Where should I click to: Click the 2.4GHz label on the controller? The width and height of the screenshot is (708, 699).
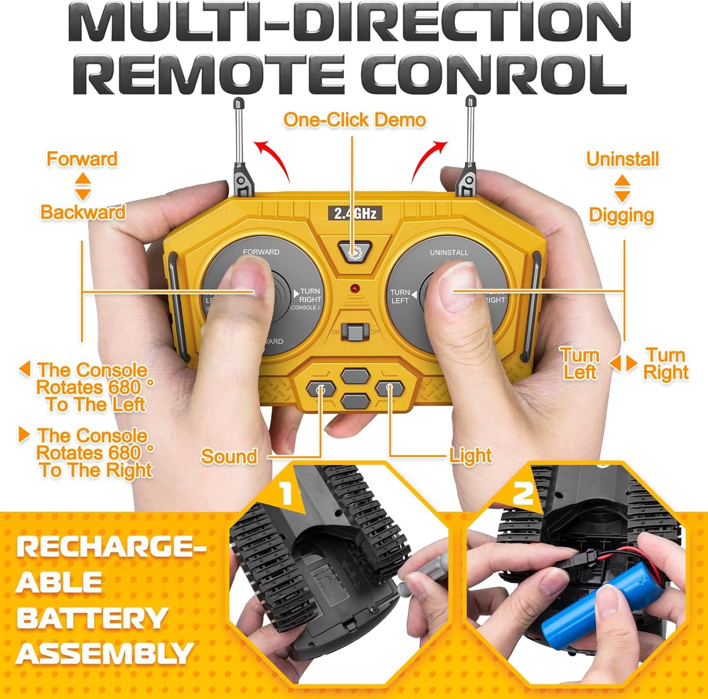point(355,213)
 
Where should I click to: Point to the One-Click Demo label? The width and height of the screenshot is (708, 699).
point(354,120)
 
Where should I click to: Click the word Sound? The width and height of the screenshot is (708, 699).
point(229,457)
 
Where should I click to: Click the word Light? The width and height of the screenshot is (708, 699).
point(470,456)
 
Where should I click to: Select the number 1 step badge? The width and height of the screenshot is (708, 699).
point(286,492)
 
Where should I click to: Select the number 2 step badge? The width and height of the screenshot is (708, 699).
point(523,492)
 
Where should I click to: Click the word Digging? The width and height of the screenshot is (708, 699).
point(621,215)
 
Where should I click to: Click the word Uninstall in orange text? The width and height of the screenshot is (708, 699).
point(622,159)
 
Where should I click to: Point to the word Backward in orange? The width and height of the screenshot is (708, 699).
point(83,212)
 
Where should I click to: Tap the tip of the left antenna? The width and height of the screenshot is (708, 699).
point(239,103)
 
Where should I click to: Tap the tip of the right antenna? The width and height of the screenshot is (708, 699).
point(470,102)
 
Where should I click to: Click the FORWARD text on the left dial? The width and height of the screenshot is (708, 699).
point(261,252)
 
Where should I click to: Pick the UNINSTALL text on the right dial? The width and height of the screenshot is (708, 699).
point(449,253)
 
